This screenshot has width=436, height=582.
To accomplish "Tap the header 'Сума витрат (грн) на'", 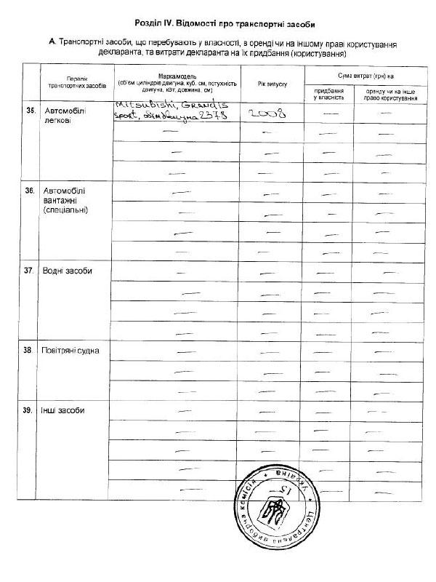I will point(366,75).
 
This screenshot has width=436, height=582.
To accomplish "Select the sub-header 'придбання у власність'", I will point(330,93).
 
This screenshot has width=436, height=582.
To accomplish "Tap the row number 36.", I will point(30,191).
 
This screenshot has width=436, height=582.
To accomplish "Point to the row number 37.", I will point(30,271).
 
